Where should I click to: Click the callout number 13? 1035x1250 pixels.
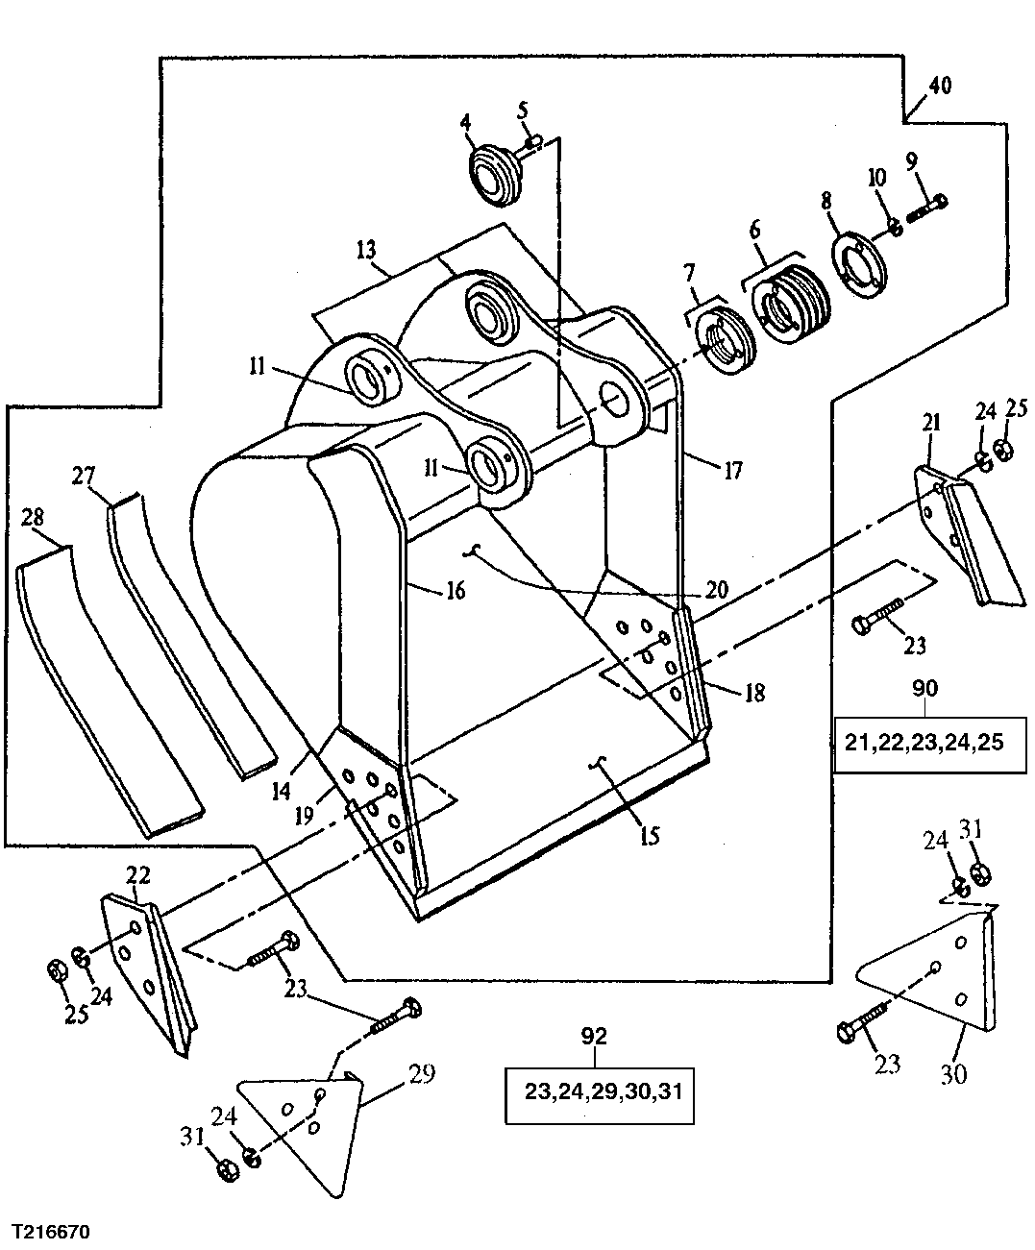point(365,250)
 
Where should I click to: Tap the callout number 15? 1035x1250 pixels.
point(650,835)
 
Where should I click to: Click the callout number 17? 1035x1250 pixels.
point(732,471)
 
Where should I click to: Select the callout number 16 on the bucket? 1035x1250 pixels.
point(455,589)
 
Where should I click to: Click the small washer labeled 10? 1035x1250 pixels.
point(893,228)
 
